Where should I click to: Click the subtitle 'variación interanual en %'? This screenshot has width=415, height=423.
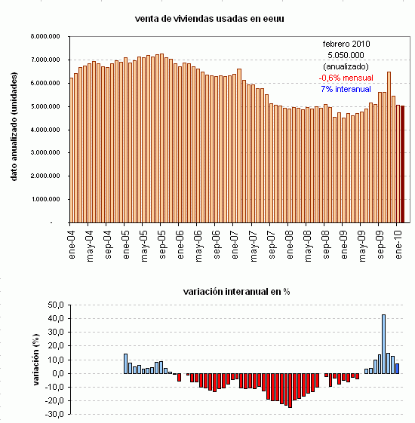point(237,291)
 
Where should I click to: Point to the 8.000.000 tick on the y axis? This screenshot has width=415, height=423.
point(47,36)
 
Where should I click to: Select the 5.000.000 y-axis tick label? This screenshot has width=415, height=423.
point(47,106)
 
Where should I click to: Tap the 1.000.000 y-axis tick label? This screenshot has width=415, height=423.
point(47,200)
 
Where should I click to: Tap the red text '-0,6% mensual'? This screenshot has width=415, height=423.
point(346,78)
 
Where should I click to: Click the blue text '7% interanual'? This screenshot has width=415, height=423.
point(346,89)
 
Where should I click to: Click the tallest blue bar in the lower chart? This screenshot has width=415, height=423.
point(384,344)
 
